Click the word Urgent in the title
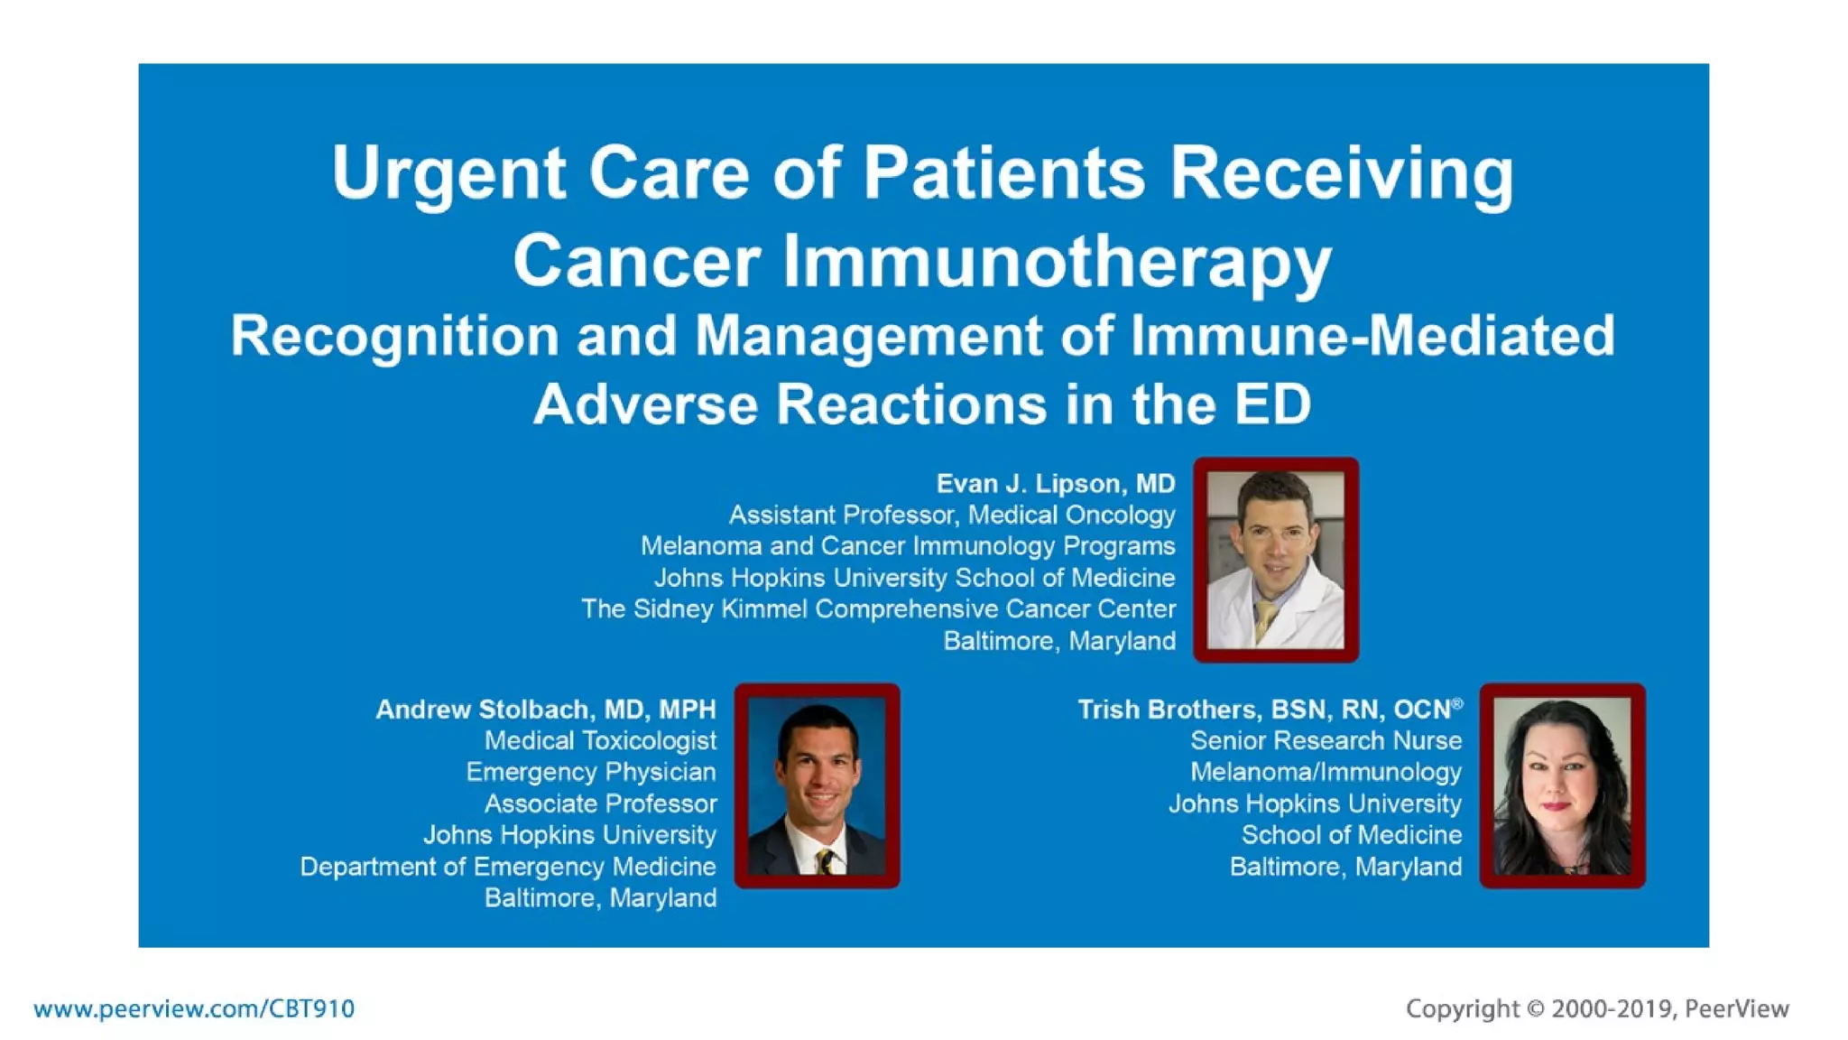(448, 173)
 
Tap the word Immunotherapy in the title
(1057, 262)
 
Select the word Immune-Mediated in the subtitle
(1372, 336)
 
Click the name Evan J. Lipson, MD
(1055, 484)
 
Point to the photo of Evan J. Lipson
(1275, 560)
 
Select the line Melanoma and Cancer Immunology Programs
(908, 546)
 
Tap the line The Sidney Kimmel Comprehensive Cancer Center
(878, 609)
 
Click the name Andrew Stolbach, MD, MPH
(545, 710)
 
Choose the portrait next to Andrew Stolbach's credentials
(817, 785)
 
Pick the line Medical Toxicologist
(600, 741)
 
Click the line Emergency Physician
(590, 773)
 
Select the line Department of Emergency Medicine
(507, 867)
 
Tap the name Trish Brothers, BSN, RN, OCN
(1263, 710)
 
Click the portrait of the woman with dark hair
(1562, 785)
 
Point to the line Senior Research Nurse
(1326, 741)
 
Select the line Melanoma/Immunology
(1326, 773)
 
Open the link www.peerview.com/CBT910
(194, 1008)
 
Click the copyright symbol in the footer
(1536, 1009)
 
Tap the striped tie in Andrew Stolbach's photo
(824, 862)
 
